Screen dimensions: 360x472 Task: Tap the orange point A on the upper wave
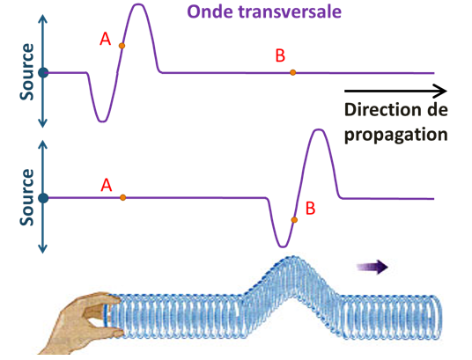click(x=122, y=46)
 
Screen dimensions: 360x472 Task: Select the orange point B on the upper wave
click(x=293, y=72)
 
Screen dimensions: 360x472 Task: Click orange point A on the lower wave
click(x=122, y=197)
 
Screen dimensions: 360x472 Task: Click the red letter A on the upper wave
click(x=106, y=39)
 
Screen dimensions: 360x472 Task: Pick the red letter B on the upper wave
click(x=280, y=55)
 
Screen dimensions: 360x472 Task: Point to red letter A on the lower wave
click(x=107, y=185)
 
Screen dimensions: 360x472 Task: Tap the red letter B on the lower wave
click(x=309, y=209)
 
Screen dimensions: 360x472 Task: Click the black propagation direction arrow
click(x=395, y=90)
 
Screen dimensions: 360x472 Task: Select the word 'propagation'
click(x=397, y=135)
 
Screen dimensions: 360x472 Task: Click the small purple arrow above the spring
click(x=373, y=268)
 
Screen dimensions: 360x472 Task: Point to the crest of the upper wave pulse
click(x=138, y=6)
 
